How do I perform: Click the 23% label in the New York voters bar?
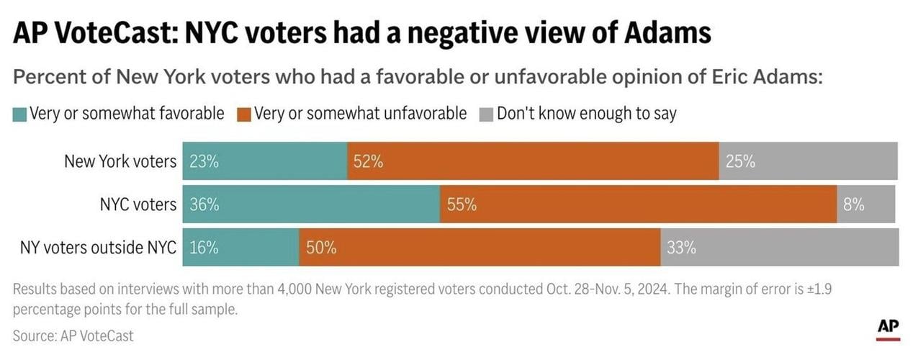tap(204, 161)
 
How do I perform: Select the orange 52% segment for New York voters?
tap(532, 161)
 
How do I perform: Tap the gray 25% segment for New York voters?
tap(808, 161)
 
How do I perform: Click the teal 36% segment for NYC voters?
tap(311, 204)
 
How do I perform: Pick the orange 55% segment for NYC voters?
tap(638, 204)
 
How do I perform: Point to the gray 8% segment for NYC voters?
tap(865, 204)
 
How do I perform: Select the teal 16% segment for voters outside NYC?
tap(241, 248)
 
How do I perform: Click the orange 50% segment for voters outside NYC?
tap(480, 248)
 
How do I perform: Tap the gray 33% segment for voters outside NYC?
tap(779, 248)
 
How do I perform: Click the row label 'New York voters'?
tap(120, 161)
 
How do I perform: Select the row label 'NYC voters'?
tap(138, 204)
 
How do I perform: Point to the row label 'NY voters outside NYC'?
tap(98, 248)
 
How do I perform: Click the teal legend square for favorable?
tap(19, 114)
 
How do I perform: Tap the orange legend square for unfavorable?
tap(243, 114)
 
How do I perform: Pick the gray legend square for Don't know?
tap(485, 114)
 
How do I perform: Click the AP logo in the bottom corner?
tap(889, 328)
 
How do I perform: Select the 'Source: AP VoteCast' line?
tap(73, 336)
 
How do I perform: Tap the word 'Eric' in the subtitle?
tap(726, 77)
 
